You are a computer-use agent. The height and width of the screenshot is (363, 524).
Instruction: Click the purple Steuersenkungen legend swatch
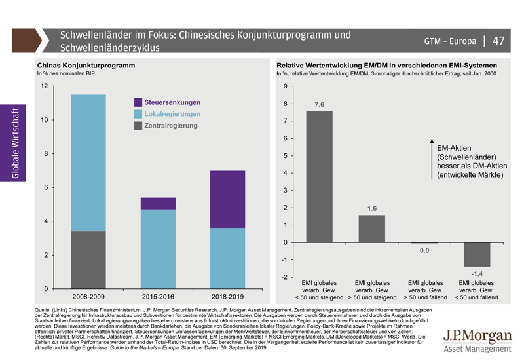(x=138, y=103)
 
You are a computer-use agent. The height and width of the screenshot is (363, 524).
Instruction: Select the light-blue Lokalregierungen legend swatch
(x=138, y=114)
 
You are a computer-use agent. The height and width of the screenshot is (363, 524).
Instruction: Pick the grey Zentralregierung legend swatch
(x=138, y=125)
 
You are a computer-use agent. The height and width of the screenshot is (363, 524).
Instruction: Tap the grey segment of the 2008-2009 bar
(x=88, y=260)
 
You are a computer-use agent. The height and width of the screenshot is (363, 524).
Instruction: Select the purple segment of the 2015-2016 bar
(x=158, y=203)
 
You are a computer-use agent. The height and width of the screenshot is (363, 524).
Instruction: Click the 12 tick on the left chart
(x=44, y=86)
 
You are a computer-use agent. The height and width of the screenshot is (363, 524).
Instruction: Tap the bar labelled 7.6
(x=318, y=177)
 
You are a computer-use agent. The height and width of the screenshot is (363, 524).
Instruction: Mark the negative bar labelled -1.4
(x=477, y=254)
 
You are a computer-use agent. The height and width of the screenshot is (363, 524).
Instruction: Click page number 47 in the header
(x=498, y=41)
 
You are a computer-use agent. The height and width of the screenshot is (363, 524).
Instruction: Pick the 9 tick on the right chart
(x=286, y=86)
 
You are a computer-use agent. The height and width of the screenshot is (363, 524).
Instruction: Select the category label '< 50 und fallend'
(x=476, y=298)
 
